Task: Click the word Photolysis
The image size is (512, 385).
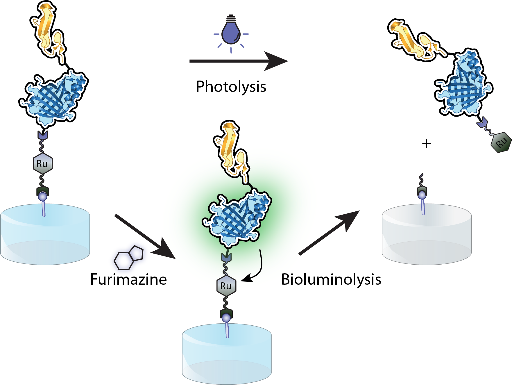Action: pos(231,87)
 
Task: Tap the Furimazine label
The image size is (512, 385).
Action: pos(128,279)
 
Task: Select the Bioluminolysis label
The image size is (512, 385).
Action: pos(331,279)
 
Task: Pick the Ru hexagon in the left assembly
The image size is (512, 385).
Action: pos(42,164)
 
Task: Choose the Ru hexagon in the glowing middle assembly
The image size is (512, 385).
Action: pos(226,286)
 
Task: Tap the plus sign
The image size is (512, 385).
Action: pos(426,144)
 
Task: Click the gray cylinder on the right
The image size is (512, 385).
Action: pos(427,236)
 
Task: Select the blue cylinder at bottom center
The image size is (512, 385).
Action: pos(227,355)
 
